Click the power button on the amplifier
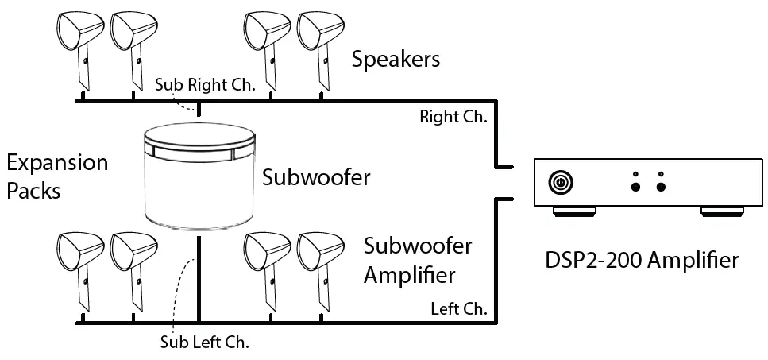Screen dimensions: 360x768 [x=560, y=183]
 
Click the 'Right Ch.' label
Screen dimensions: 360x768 [x=453, y=117]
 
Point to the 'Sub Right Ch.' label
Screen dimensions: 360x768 [x=205, y=84]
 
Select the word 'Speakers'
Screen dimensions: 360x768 [x=396, y=60]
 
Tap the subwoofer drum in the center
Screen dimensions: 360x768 [x=201, y=179]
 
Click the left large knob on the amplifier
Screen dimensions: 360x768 [x=635, y=187]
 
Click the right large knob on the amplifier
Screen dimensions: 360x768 [x=661, y=187]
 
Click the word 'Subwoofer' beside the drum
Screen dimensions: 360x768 [x=316, y=176]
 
